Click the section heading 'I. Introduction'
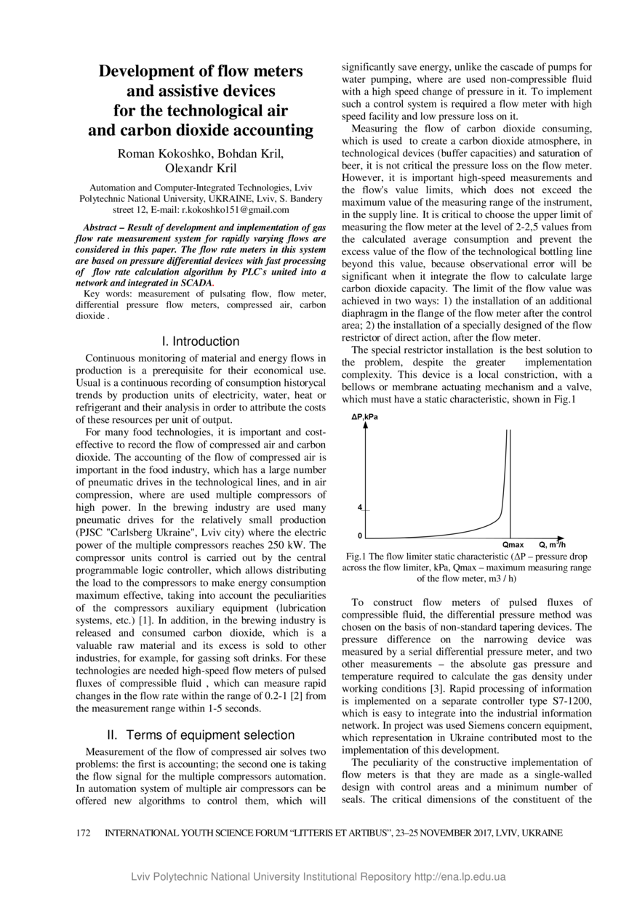pos(201,342)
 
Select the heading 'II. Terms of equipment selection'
pos(201,735)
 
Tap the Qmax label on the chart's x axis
pos(513,544)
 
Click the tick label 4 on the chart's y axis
pos(359,507)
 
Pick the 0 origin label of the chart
pos(359,536)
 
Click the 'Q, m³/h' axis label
pos(552,544)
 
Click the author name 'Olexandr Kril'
pos(201,169)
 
